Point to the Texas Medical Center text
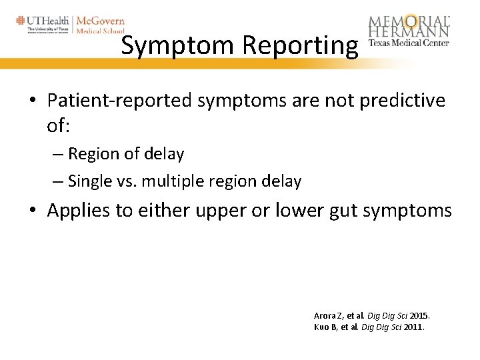click(x=409, y=43)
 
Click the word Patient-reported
click(x=119, y=100)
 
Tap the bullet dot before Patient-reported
click(x=33, y=101)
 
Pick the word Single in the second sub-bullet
click(x=89, y=181)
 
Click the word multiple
click(x=183, y=181)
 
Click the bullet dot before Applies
click(x=33, y=211)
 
